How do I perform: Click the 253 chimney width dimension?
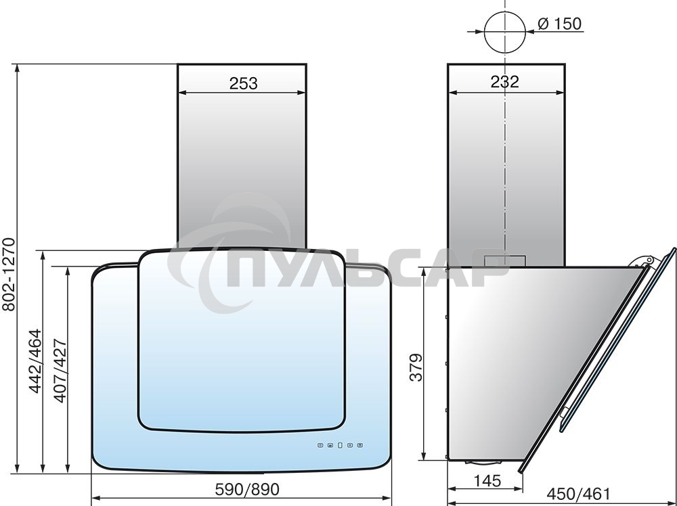point(243,83)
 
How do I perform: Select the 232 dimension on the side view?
point(505,81)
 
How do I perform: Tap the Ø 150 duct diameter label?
point(560,24)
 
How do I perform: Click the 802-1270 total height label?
point(9,274)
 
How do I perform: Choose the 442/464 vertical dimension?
point(35,361)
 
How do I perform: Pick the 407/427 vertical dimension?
point(60,371)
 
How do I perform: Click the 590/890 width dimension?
point(247,489)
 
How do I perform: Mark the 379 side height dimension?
point(416,367)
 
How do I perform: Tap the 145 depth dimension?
point(487,480)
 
